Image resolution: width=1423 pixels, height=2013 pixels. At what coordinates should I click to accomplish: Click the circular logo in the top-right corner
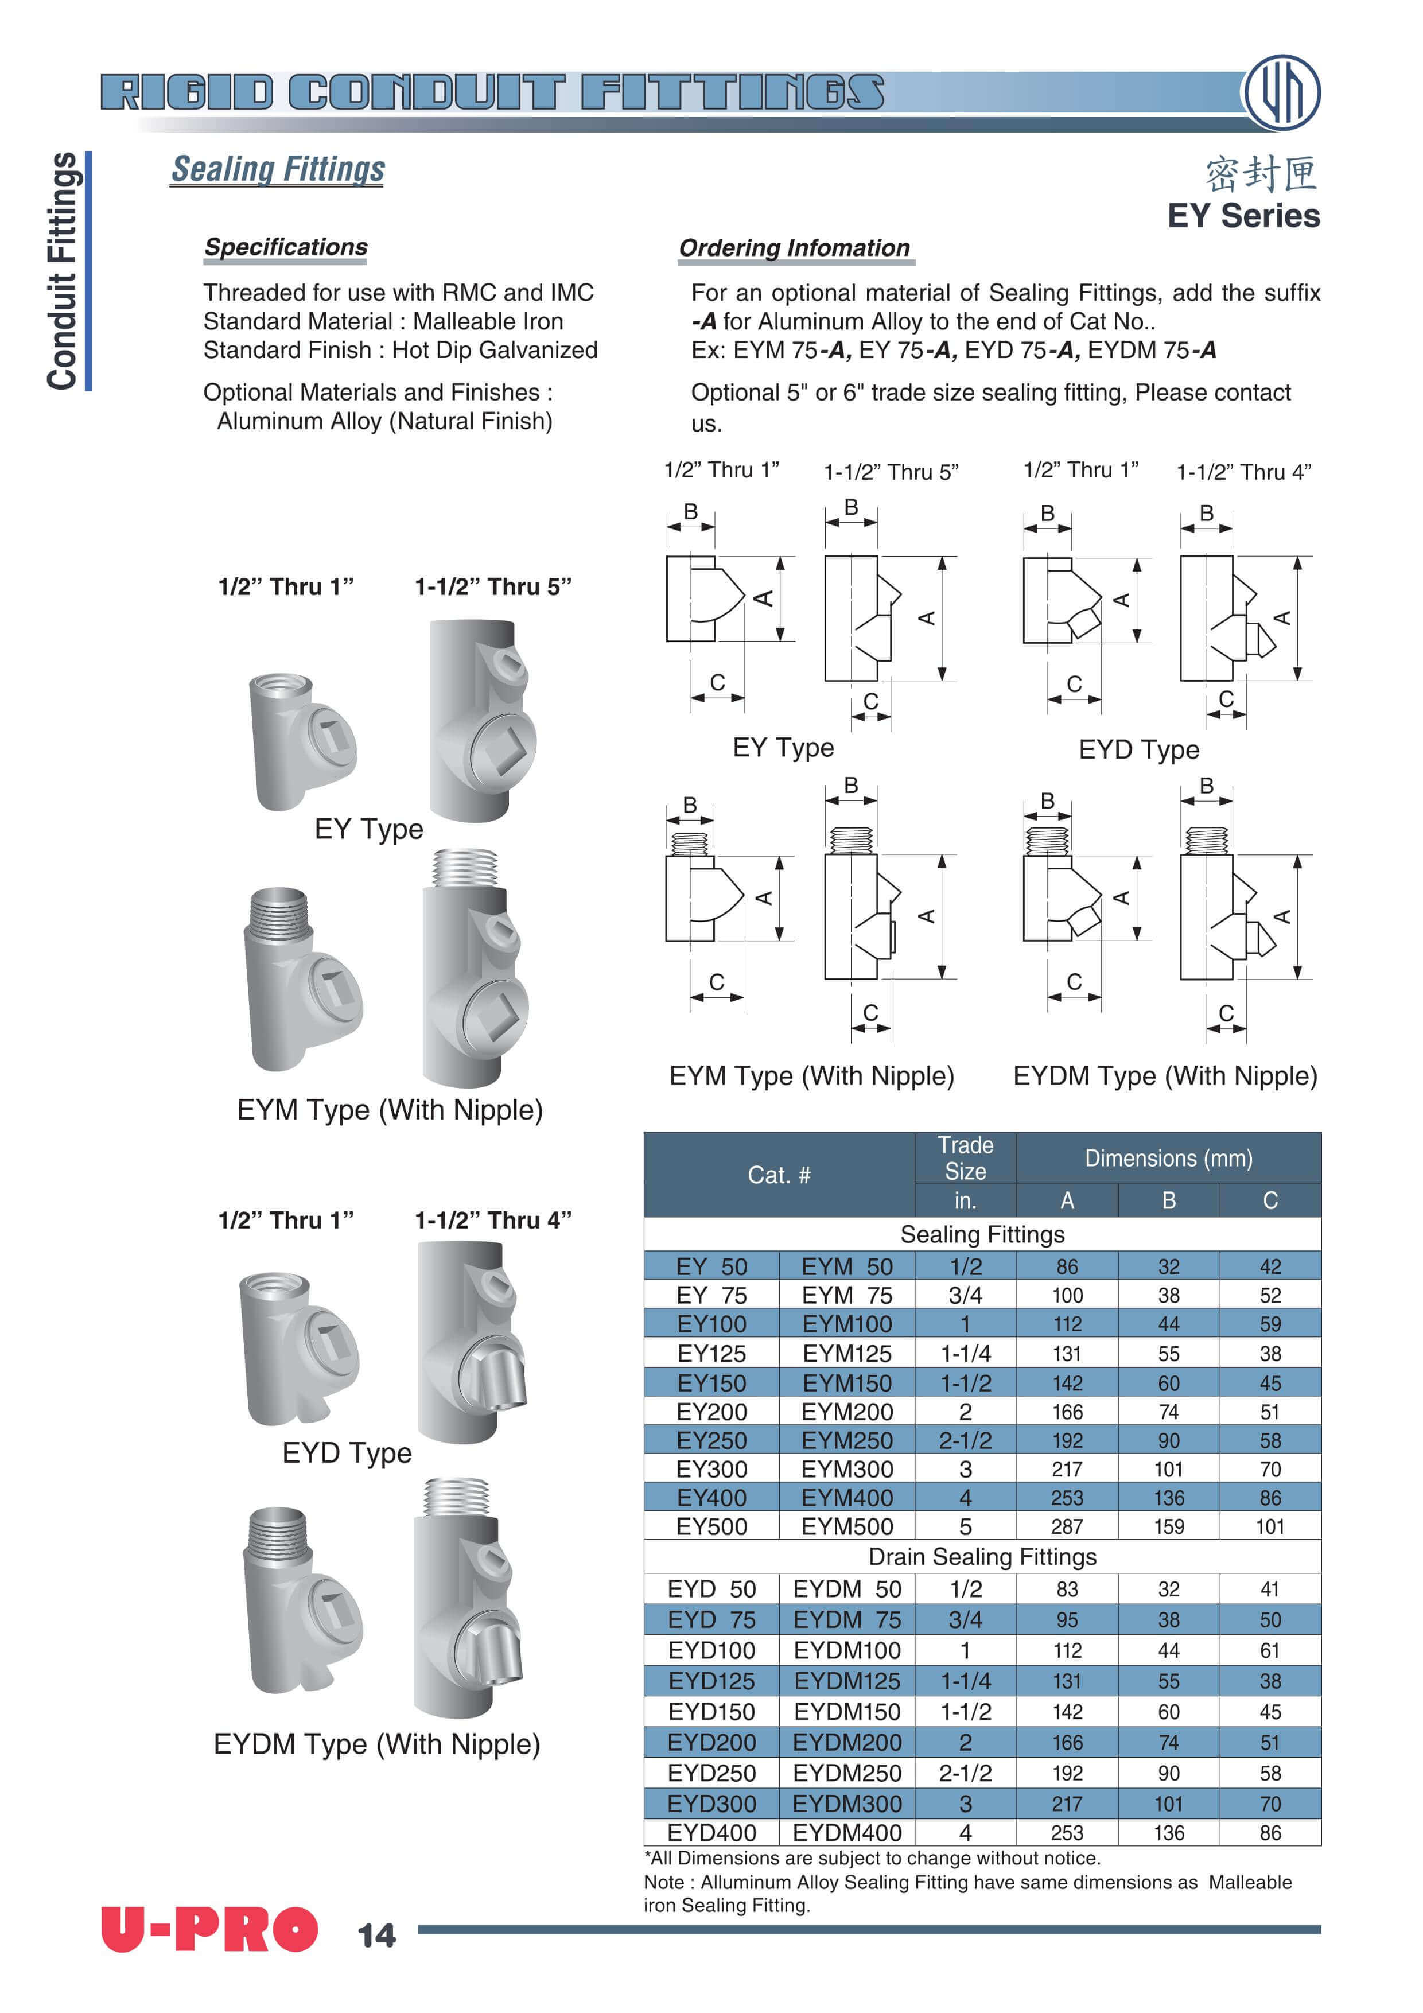pyautogui.click(x=1282, y=93)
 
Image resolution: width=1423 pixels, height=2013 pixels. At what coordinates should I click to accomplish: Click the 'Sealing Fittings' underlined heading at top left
pyautogui.click(x=278, y=169)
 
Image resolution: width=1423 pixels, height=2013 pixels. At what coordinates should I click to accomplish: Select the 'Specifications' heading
pyautogui.click(x=286, y=247)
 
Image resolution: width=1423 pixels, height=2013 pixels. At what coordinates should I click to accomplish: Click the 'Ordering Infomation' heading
pyautogui.click(x=794, y=248)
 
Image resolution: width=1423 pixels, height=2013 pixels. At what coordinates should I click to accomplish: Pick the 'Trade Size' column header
pyautogui.click(x=965, y=1158)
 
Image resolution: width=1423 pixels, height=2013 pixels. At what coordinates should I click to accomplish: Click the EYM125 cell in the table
pyautogui.click(x=846, y=1354)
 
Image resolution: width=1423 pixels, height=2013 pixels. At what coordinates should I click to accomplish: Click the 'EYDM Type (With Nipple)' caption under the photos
pyautogui.click(x=377, y=1744)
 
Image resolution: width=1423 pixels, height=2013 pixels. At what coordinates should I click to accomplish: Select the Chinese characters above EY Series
pyautogui.click(x=1261, y=174)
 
